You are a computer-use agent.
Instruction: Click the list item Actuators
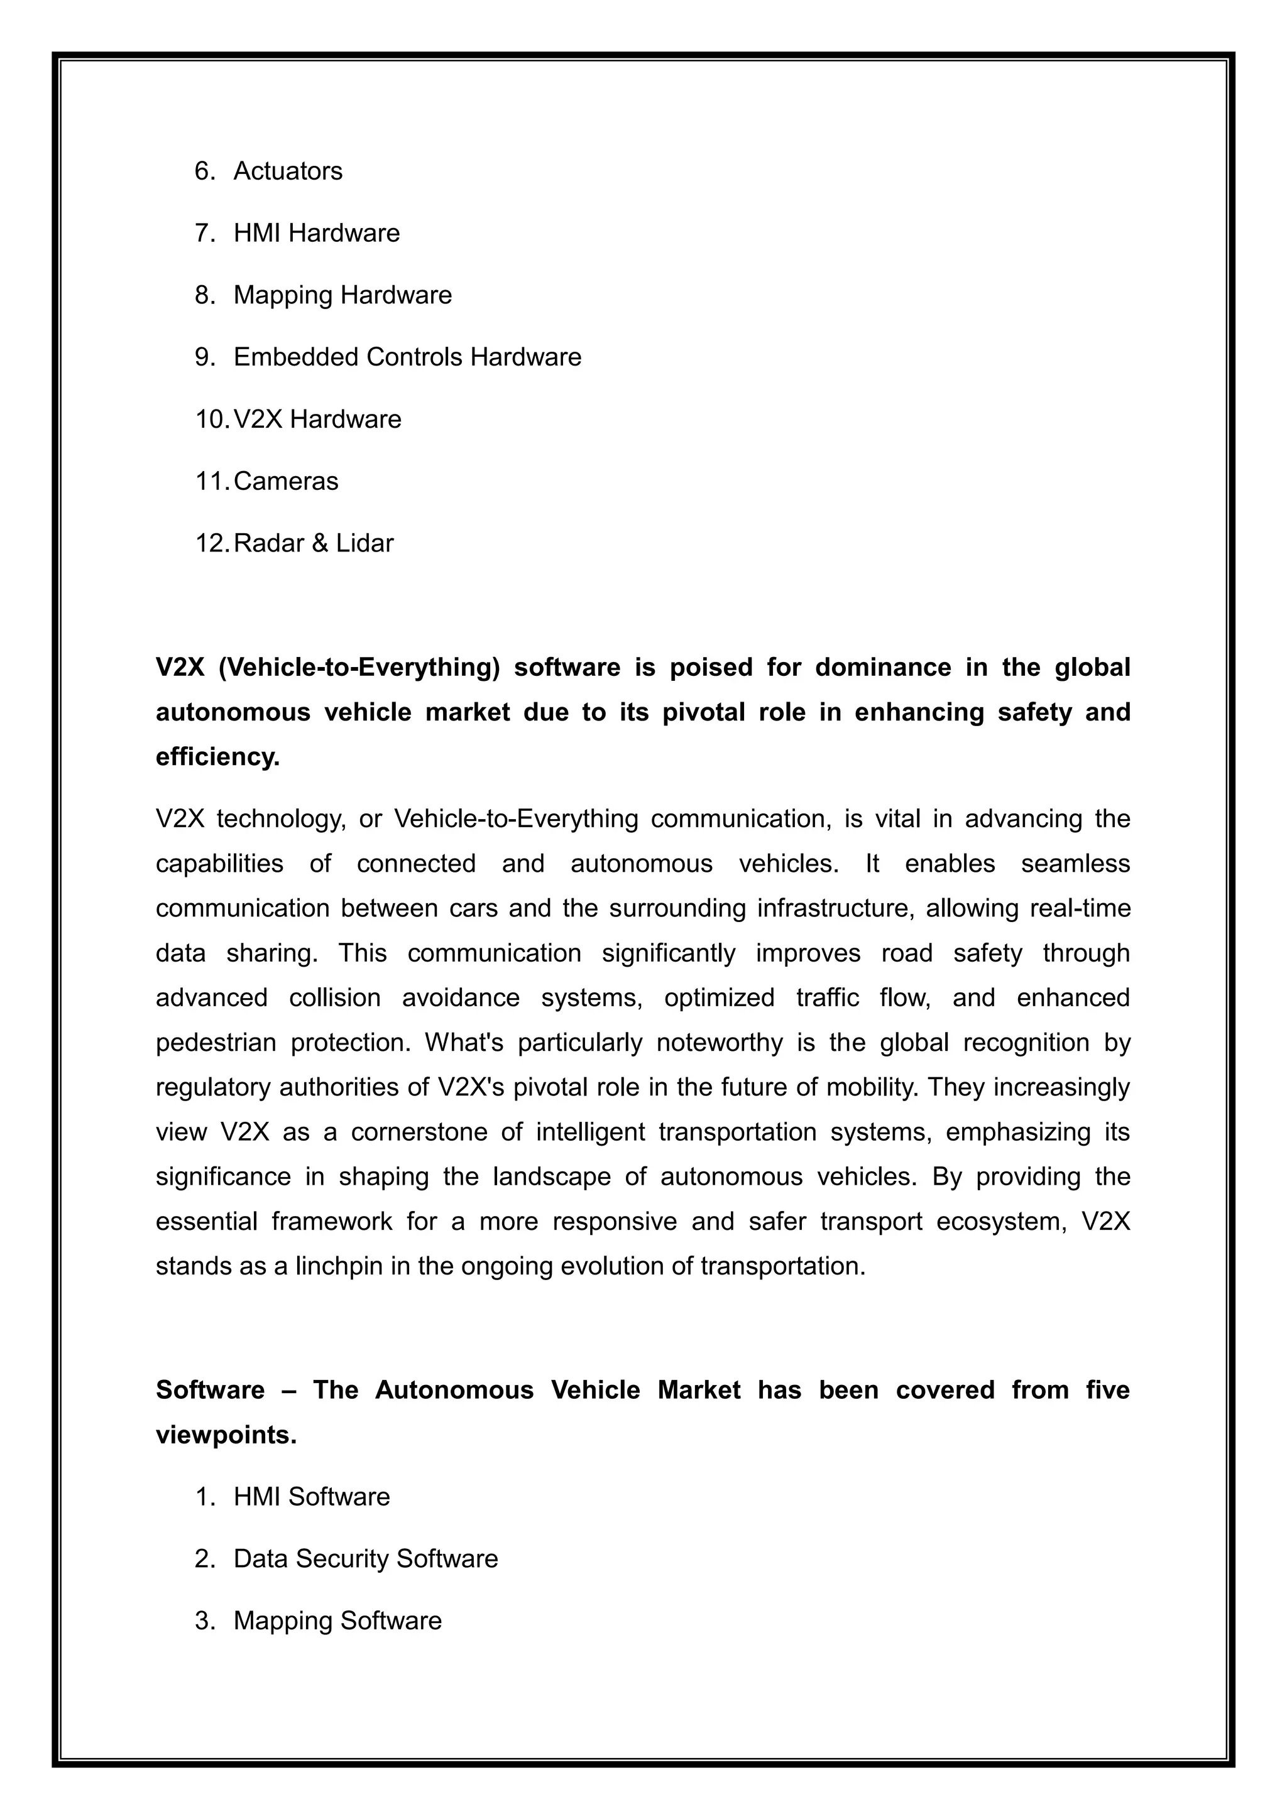click(x=288, y=171)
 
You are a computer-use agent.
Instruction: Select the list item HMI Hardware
click(x=316, y=233)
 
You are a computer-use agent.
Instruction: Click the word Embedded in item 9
click(x=297, y=357)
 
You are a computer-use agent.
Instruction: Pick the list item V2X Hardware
click(x=317, y=419)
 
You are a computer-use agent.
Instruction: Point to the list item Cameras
click(x=286, y=481)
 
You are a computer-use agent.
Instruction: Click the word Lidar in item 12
click(x=364, y=543)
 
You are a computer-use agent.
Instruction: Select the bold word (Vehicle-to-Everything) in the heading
click(x=359, y=667)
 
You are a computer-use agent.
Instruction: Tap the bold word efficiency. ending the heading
click(x=218, y=757)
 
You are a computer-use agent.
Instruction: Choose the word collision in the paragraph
click(x=334, y=997)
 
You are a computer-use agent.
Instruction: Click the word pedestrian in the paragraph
click(x=216, y=1043)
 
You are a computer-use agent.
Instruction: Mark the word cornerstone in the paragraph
click(x=419, y=1132)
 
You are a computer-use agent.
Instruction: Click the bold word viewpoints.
click(x=226, y=1435)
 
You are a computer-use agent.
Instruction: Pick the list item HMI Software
click(x=312, y=1497)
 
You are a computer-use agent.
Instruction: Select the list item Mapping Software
click(x=337, y=1621)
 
